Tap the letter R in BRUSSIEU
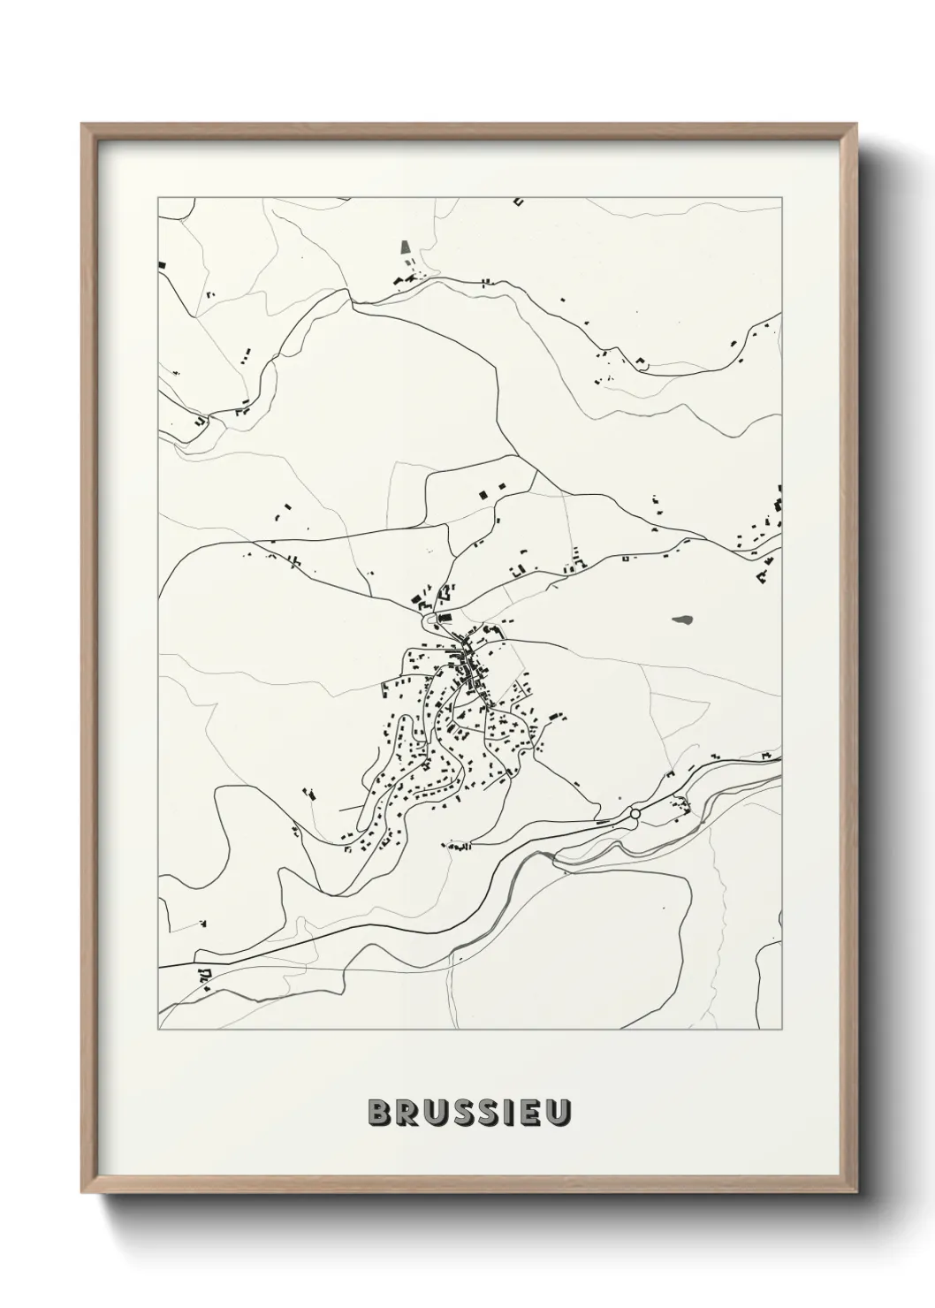[403, 1114]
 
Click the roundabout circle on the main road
[635, 813]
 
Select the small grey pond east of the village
[683, 620]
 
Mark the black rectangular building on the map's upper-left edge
[162, 263]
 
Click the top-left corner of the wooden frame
[82, 125]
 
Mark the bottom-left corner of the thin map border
[158, 1030]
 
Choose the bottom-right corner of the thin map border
[783, 1030]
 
